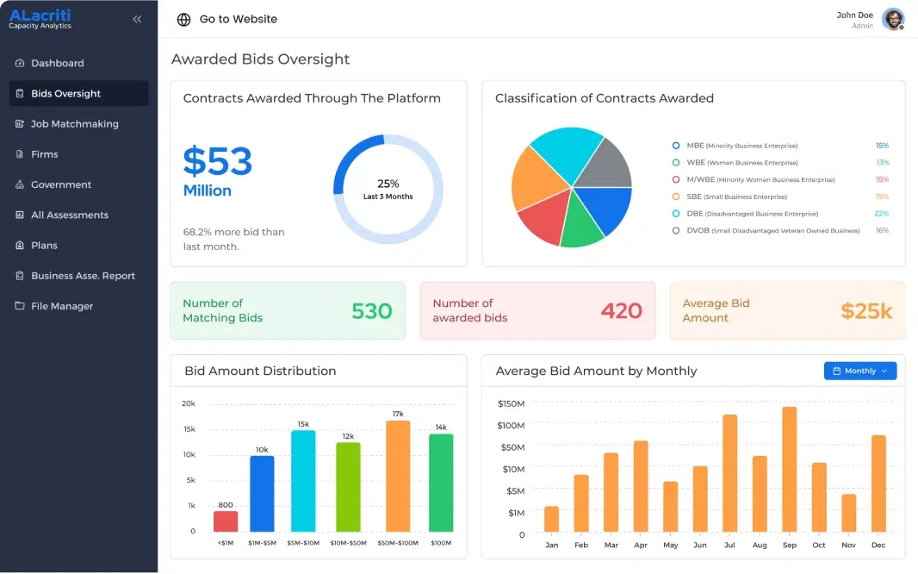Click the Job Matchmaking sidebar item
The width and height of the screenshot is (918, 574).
(74, 124)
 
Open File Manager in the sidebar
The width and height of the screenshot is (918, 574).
(61, 306)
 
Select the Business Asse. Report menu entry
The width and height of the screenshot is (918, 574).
(83, 276)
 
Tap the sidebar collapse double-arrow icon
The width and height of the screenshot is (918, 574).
(137, 19)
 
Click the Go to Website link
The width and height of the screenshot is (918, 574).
(238, 19)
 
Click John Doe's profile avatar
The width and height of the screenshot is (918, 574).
(893, 19)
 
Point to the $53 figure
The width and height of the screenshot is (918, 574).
(217, 162)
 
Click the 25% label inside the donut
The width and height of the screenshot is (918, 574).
(388, 184)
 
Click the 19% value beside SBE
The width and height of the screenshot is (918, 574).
(882, 197)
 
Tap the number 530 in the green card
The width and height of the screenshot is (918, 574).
(372, 311)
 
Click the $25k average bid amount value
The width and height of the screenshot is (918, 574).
(866, 311)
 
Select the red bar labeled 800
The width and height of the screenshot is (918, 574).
(226, 521)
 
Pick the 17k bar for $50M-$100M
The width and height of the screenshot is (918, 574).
(398, 476)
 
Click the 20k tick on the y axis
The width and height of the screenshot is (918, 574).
(189, 403)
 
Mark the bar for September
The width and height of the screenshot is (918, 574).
(789, 469)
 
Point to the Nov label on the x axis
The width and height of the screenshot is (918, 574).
(848, 545)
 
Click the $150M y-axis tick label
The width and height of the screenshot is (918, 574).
(511, 403)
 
